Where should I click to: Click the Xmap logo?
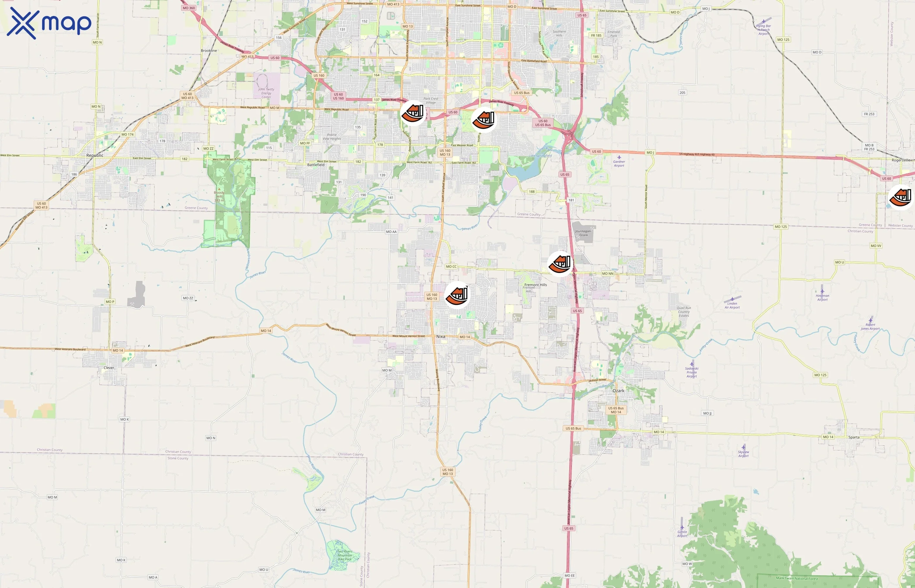(49, 23)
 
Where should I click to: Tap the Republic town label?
(95, 155)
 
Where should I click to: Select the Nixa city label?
(441, 336)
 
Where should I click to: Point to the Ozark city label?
(618, 391)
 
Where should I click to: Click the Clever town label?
(109, 368)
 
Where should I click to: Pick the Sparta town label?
(854, 437)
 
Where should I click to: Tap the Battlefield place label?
(316, 165)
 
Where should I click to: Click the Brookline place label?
(209, 50)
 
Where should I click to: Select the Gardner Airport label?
(619, 163)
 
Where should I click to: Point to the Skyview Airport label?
(743, 454)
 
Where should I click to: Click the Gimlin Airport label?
(682, 533)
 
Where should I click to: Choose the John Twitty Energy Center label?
(266, 93)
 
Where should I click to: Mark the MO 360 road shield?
(189, 8)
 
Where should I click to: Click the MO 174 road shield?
(127, 134)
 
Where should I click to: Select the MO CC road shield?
(451, 267)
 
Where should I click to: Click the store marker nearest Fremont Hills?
(560, 263)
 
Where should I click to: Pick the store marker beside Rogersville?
(902, 197)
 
